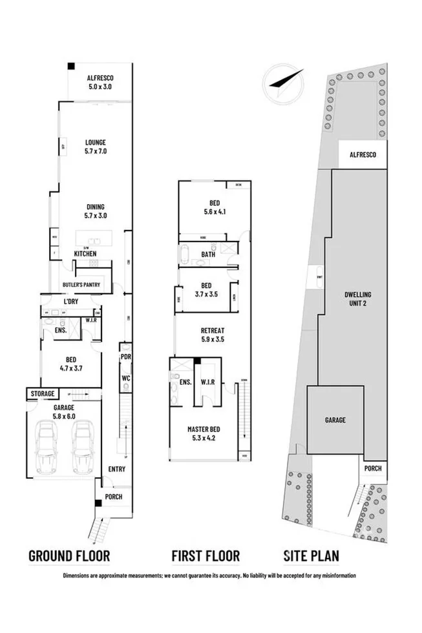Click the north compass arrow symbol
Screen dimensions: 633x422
(x=282, y=81)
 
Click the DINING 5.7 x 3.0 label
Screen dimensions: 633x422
(x=94, y=211)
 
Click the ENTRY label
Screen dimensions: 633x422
(x=117, y=469)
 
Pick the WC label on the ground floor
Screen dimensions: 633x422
(x=126, y=378)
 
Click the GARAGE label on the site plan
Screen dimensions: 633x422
(x=335, y=420)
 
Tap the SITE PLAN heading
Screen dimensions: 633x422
(x=311, y=555)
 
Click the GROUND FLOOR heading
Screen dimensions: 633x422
(x=69, y=555)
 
